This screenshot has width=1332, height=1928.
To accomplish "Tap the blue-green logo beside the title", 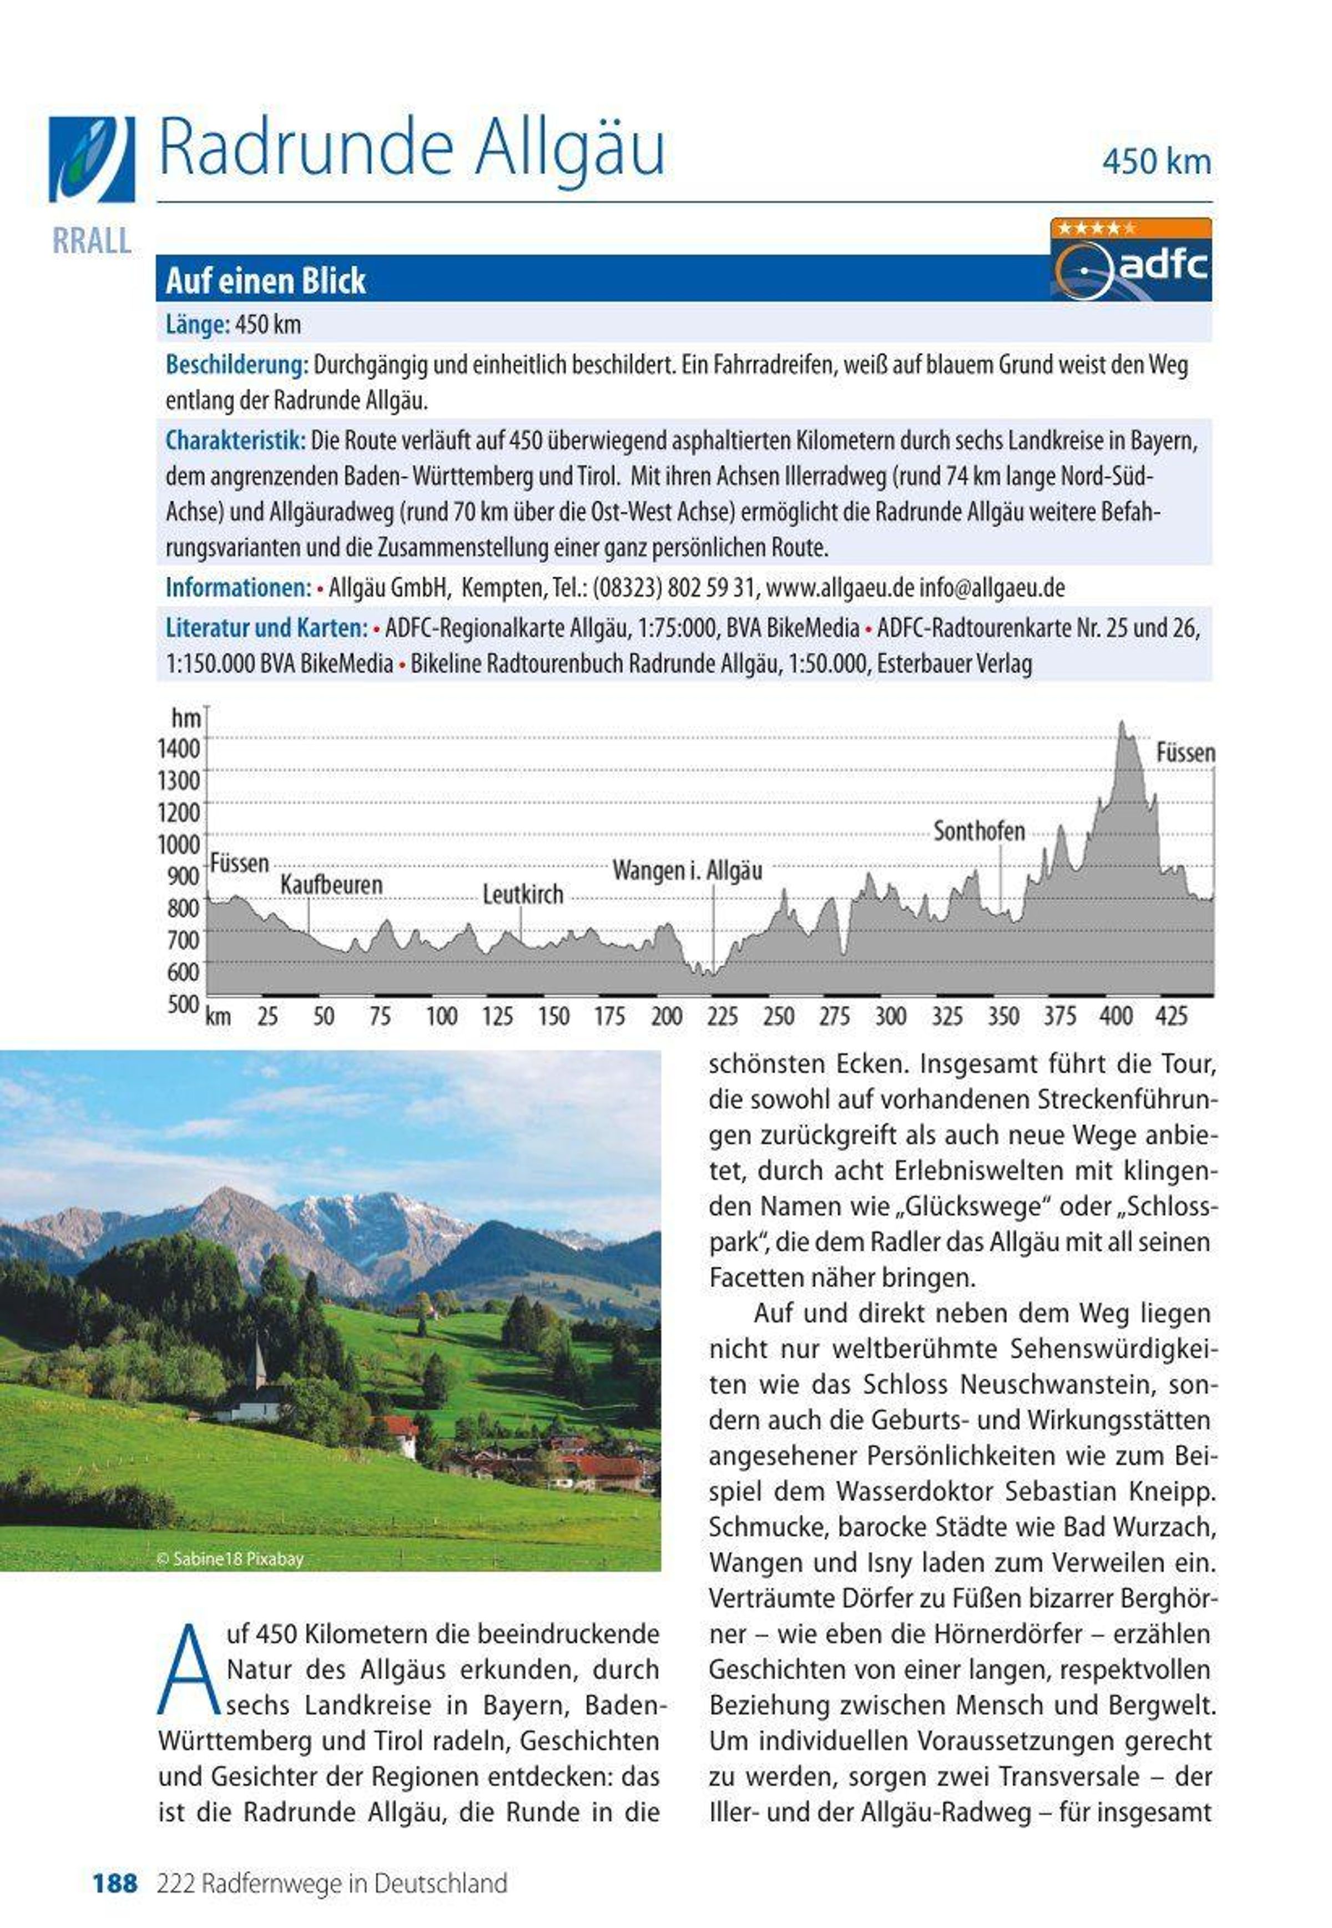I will coord(91,159).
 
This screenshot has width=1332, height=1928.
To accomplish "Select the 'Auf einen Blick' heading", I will coord(265,280).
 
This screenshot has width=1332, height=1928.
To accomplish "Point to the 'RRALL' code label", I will coord(92,241).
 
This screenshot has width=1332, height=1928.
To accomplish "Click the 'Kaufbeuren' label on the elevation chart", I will coord(331,885).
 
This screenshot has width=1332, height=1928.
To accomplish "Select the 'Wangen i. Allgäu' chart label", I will coord(687,871).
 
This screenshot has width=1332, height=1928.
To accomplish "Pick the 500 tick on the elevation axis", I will coord(183,1004).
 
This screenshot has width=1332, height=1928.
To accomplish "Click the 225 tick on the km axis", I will coord(722,1017).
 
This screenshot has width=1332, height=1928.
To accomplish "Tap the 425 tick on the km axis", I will coord(1171,1017).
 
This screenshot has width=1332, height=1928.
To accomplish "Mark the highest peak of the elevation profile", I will coord(1122,723).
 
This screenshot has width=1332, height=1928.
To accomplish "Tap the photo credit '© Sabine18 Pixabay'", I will coord(230,1558).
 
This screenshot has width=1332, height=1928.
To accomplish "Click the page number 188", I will coord(114,1883).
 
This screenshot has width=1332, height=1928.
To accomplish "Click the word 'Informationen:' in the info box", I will coord(238,588).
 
